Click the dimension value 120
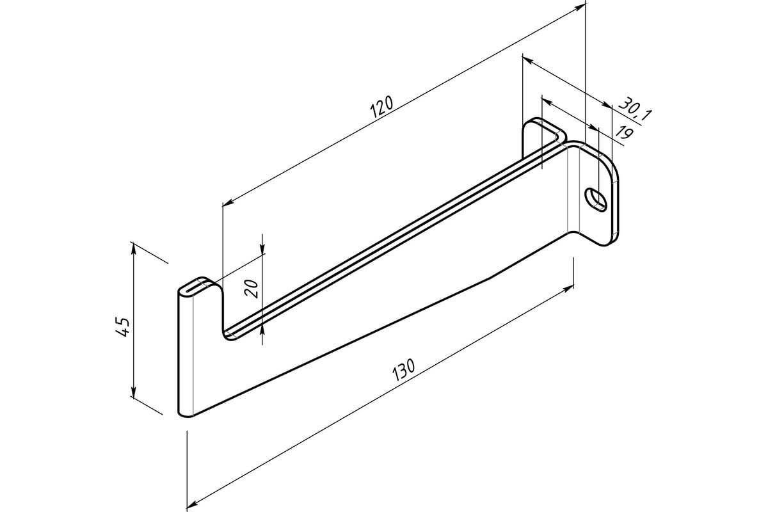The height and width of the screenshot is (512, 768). click(x=381, y=107)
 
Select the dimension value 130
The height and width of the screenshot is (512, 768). click(x=404, y=370)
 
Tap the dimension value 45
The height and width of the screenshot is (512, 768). click(x=122, y=326)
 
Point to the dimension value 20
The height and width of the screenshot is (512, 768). click(x=251, y=289)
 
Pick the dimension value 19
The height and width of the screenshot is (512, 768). click(x=623, y=132)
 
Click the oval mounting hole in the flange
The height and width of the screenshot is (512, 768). click(x=596, y=199)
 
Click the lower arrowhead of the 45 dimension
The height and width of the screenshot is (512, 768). click(x=134, y=392)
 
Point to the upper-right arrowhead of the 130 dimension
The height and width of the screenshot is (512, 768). click(x=568, y=289)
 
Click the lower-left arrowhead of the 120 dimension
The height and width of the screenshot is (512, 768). click(x=228, y=202)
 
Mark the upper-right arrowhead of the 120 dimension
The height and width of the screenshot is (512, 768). click(x=579, y=8)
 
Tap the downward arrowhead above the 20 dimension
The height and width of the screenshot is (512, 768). click(x=262, y=248)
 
